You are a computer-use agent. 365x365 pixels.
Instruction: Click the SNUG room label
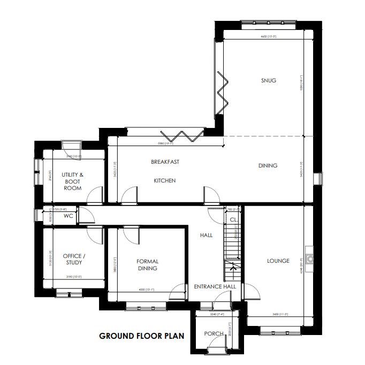[268, 80]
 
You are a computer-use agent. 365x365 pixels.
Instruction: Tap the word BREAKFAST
[165, 162]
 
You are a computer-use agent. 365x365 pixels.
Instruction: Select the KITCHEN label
[165, 180]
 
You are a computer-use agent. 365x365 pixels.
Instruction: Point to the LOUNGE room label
[278, 261]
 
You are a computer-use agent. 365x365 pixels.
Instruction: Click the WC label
[68, 216]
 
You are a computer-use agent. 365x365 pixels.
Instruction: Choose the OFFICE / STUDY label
[73, 259]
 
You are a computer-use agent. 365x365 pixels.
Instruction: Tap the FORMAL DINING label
[147, 265]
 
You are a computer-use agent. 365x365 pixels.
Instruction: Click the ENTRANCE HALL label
[215, 287]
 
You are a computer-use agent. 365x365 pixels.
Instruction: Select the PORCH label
[214, 333]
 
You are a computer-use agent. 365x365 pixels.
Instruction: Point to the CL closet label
[233, 219]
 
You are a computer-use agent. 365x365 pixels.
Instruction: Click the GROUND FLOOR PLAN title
[141, 336]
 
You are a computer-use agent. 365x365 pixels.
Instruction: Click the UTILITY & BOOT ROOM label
[72, 181]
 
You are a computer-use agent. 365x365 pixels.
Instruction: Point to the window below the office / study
[69, 292]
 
